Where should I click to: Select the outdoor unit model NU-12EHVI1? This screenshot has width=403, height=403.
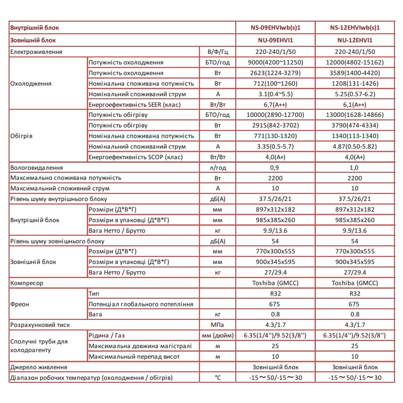coord(355,39)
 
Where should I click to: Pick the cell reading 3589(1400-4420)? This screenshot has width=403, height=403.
coord(355,73)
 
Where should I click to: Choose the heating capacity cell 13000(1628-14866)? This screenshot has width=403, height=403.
coord(355,115)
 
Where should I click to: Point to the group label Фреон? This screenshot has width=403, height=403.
coord(20,304)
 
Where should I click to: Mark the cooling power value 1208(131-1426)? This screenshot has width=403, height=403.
coord(355,83)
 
